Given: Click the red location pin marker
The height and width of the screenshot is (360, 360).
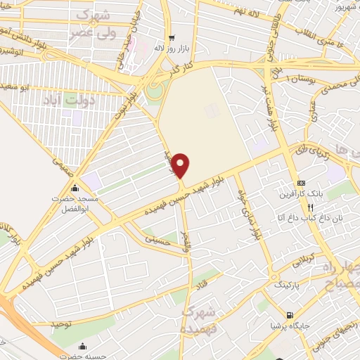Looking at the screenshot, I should tap(181, 165).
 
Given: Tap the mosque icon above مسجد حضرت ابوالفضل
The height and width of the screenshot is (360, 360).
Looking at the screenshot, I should tap(75, 188).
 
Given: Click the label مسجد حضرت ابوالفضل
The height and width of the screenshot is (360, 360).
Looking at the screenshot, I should tap(75, 203).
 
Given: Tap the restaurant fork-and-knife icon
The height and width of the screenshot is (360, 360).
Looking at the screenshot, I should tap(309, 207).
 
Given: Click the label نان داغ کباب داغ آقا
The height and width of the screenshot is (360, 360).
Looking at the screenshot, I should tap(309, 219).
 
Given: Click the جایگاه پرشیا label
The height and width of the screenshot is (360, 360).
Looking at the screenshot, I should tap(289, 326).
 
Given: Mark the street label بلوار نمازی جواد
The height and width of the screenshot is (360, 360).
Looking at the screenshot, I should tap(249, 212).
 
